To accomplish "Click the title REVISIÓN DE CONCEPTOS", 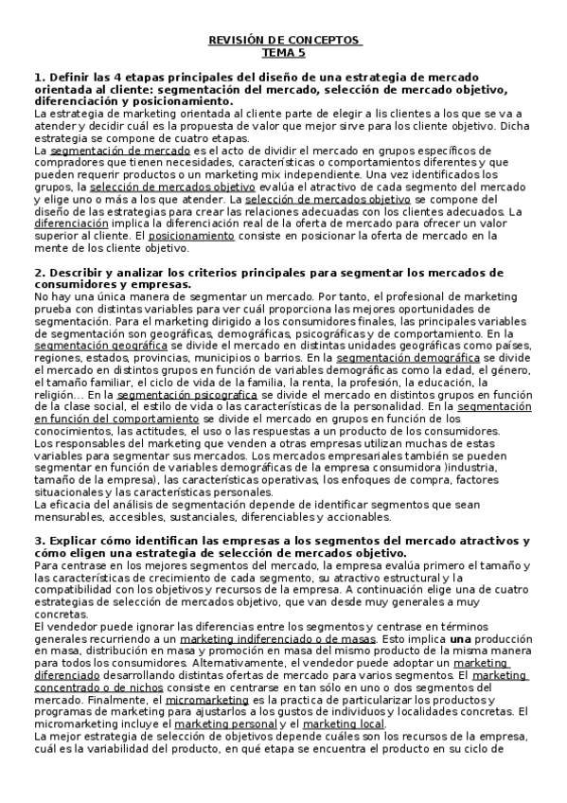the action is tap(284, 42).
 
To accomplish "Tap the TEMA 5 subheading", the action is tap(284, 53).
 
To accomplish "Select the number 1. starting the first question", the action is tap(38, 76).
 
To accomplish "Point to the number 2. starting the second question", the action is tap(38, 273).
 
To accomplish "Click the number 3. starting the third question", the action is tap(38, 540).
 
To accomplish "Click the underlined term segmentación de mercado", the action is tap(120, 151).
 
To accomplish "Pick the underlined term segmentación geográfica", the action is tap(101, 346).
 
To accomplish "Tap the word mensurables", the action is tap(63, 517).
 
